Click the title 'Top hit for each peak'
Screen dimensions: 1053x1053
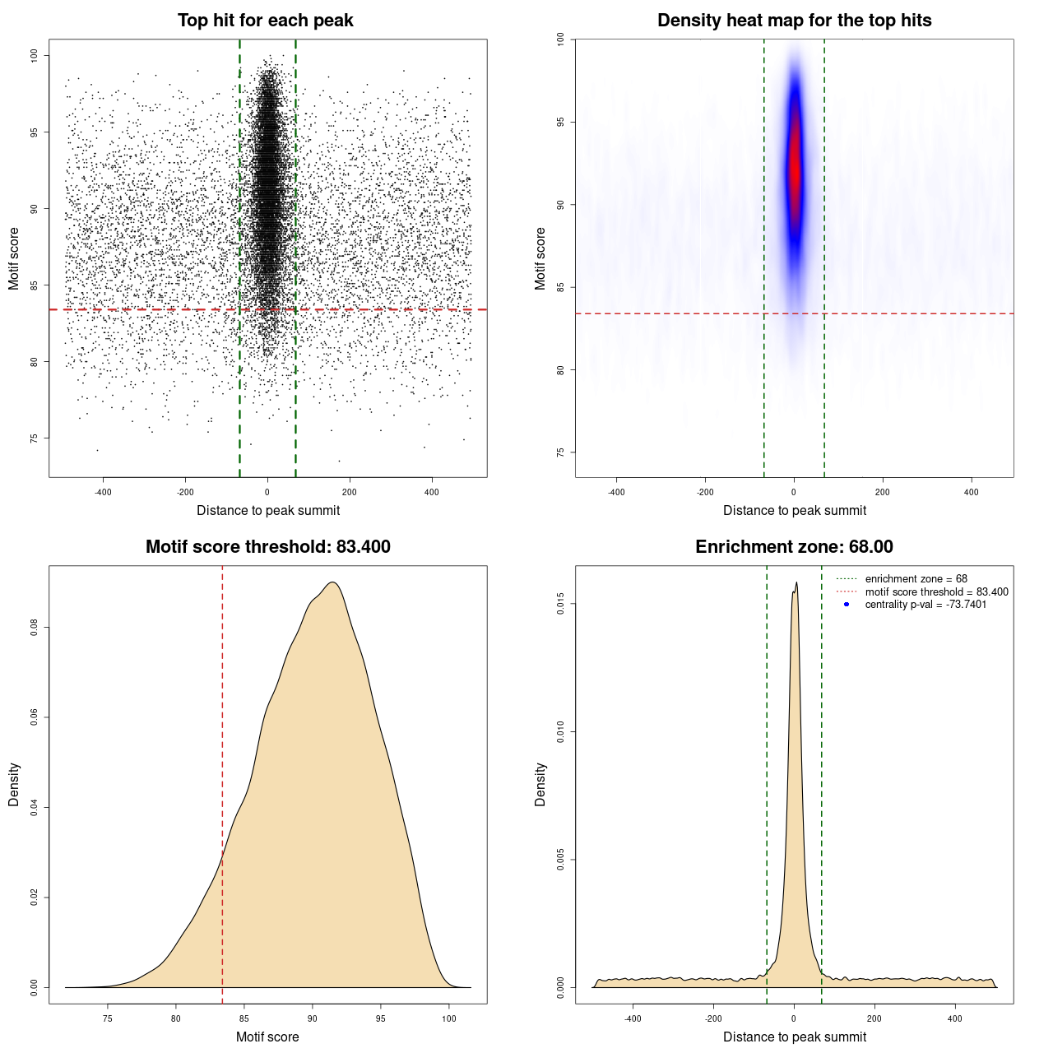point(265,21)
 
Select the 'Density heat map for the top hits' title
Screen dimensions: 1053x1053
point(794,21)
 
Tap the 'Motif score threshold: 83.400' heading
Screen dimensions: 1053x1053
point(267,547)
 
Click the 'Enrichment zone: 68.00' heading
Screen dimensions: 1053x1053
point(794,547)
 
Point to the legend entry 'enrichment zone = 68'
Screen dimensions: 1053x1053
point(916,579)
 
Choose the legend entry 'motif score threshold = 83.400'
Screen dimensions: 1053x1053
point(936,591)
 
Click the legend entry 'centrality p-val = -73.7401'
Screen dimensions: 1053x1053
point(925,605)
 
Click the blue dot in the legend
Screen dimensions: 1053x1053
point(847,605)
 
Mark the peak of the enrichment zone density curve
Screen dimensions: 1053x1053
point(796,583)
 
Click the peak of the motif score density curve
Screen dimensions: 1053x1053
point(332,582)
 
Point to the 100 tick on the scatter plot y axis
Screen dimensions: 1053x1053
point(34,55)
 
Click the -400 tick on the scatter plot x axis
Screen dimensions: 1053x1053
point(103,492)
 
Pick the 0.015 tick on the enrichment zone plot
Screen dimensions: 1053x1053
point(560,605)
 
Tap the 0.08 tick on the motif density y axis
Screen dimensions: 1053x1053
point(34,628)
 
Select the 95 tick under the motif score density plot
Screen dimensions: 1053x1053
point(380,1018)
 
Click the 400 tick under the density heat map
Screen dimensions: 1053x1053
point(972,492)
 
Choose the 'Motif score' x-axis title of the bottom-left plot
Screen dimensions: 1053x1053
point(267,1037)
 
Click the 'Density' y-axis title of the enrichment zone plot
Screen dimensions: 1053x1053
point(540,784)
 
